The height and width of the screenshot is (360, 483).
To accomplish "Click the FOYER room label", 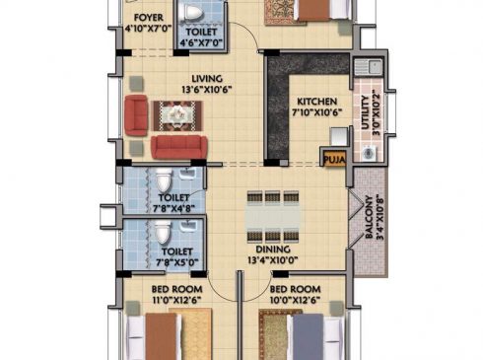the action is [149, 18].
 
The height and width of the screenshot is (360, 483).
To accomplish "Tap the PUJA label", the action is [334, 160].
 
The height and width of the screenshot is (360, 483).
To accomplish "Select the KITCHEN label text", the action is [316, 102].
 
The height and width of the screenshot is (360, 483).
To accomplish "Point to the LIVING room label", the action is [207, 79].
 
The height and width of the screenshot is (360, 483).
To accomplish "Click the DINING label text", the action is [273, 250].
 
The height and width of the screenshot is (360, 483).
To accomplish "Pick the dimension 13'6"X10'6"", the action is [207, 90].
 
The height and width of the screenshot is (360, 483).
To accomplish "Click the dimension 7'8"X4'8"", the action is [174, 209].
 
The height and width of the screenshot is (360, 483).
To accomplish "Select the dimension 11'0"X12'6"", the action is [176, 300].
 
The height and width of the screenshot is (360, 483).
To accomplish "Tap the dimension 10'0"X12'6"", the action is [295, 300].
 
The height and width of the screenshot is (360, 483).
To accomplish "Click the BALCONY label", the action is [369, 217].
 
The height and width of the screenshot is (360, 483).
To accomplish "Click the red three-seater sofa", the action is [179, 147].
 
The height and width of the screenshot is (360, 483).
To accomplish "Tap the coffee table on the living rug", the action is [177, 115].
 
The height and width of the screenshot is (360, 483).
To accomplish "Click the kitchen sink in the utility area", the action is [369, 67].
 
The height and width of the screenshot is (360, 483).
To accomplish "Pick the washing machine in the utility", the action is [369, 153].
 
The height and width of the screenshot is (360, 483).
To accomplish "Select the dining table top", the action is [273, 217].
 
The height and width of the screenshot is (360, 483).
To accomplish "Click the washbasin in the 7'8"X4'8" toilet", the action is [187, 173].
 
